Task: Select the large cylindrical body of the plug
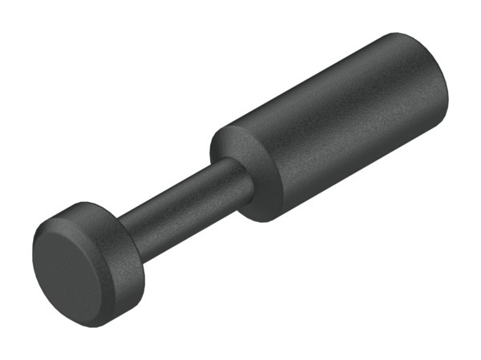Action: point(337,128)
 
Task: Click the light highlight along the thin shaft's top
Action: point(180,186)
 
